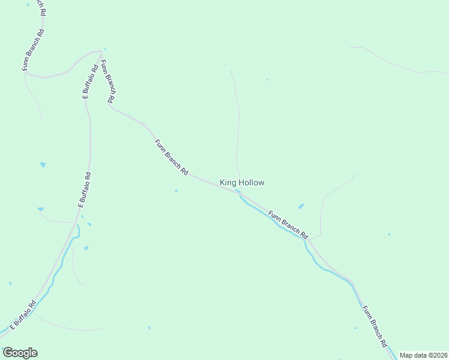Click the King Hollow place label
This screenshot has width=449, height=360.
pyautogui.click(x=242, y=182)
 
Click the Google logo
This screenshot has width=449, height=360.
pyautogui.click(x=20, y=353)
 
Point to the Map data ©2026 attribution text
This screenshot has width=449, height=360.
pyautogui.click(x=424, y=355)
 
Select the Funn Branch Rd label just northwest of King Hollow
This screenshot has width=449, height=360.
pyautogui.click(x=171, y=157)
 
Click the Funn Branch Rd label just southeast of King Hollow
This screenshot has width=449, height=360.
pyautogui.click(x=288, y=223)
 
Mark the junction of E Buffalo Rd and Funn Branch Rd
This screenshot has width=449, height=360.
pyautogui.click(x=101, y=52)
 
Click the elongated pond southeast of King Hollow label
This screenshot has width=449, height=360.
pyautogui.click(x=301, y=206)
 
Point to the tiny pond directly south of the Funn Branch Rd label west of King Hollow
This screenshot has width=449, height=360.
pyautogui.click(x=176, y=191)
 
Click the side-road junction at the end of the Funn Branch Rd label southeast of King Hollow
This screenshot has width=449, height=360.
pyautogui.click(x=310, y=239)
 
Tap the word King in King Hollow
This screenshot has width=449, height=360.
pyautogui.click(x=228, y=182)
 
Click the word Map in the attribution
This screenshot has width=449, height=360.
pyautogui.click(x=406, y=355)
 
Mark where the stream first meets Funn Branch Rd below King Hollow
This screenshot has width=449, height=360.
pyautogui.click(x=238, y=192)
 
